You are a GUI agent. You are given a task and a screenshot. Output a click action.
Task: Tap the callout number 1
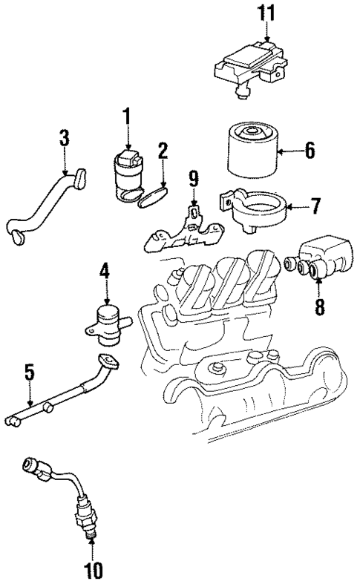tap(127, 116)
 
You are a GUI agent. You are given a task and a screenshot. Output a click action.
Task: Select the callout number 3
tap(65, 138)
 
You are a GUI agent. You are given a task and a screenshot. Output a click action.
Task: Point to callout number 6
tap(308, 151)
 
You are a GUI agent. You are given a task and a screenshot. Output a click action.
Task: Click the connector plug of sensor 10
tap(34, 467)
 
